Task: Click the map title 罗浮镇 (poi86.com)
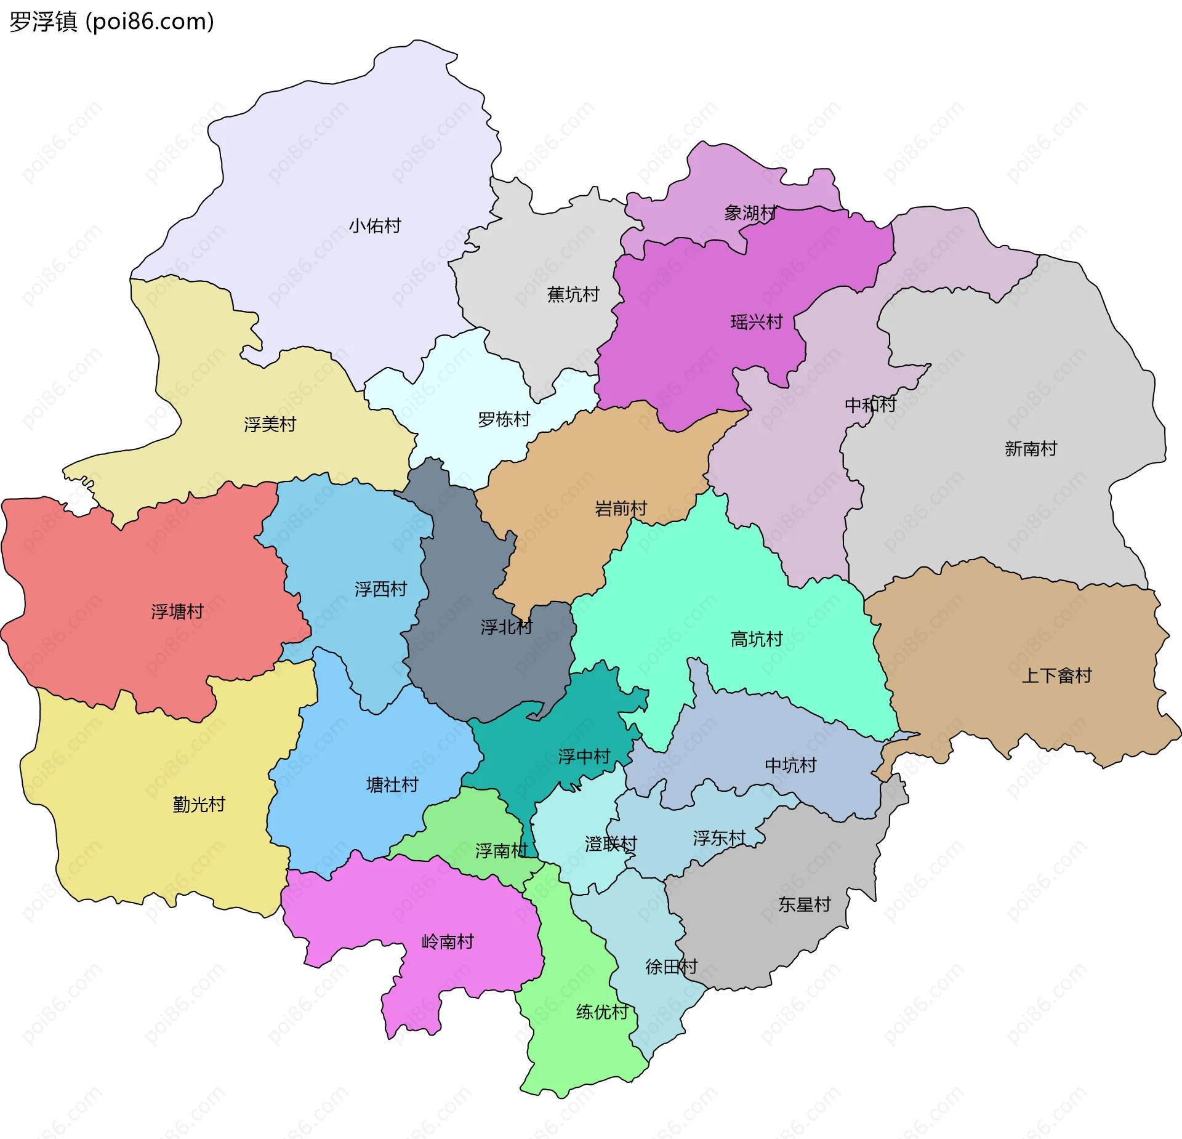tap(111, 22)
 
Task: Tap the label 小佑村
tap(375, 226)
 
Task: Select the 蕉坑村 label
tap(573, 295)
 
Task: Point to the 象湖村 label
tap(750, 213)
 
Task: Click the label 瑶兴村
tap(756, 322)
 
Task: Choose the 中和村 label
tap(870, 405)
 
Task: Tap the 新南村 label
tap(1031, 449)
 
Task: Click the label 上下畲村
tap(1056, 676)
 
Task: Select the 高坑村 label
tap(756, 640)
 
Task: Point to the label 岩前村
tap(621, 509)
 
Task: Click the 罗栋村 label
tap(504, 420)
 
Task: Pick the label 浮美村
tap(270, 425)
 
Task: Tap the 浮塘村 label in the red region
tap(177, 612)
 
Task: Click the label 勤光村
tap(199, 805)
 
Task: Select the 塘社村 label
tap(392, 785)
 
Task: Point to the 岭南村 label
tap(448, 942)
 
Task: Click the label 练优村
tap(602, 1012)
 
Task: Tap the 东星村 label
tap(804, 905)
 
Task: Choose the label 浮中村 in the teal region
tap(584, 757)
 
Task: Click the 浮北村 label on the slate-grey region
tap(506, 627)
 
